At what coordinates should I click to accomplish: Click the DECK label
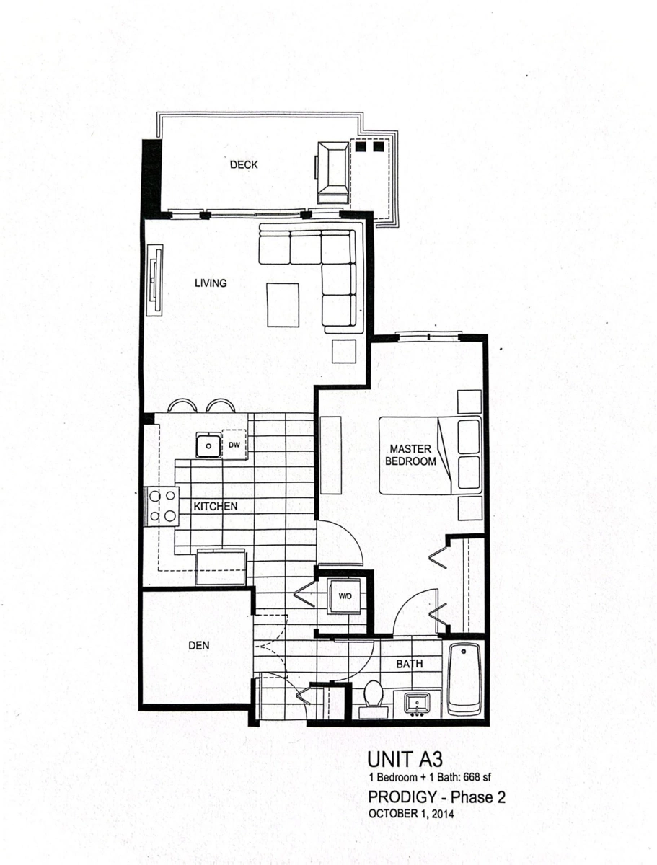244,164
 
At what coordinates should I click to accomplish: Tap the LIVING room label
211,283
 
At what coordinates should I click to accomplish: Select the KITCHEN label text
215,507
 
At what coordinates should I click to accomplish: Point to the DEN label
199,645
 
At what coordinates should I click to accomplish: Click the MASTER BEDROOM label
410,455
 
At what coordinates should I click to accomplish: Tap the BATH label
410,664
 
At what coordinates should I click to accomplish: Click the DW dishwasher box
235,444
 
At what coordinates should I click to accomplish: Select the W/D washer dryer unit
345,596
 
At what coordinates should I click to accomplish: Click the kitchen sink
209,445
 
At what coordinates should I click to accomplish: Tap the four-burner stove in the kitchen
162,507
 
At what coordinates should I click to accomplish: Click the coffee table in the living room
283,305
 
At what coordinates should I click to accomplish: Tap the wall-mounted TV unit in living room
155,280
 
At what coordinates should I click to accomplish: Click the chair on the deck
332,172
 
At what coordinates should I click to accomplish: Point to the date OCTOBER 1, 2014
411,814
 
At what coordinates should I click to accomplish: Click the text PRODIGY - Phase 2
436,797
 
